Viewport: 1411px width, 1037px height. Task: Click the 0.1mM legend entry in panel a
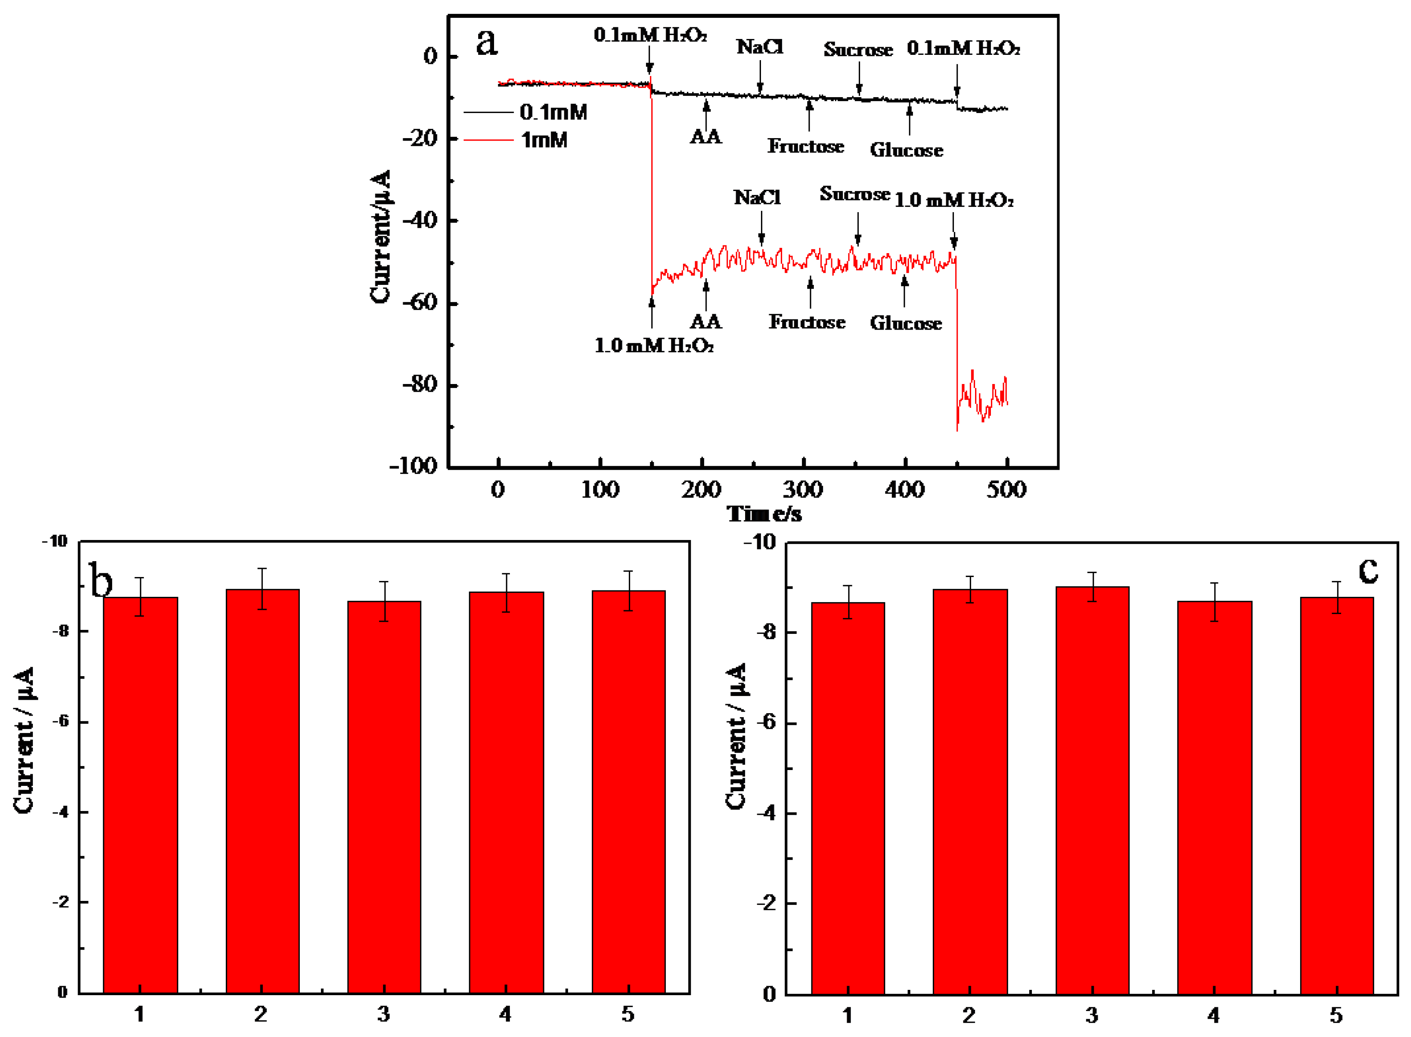[553, 113]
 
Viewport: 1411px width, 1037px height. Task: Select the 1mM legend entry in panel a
[544, 140]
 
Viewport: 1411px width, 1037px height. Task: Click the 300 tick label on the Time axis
[803, 490]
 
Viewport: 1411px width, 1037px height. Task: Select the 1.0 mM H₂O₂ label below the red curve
[653, 345]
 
